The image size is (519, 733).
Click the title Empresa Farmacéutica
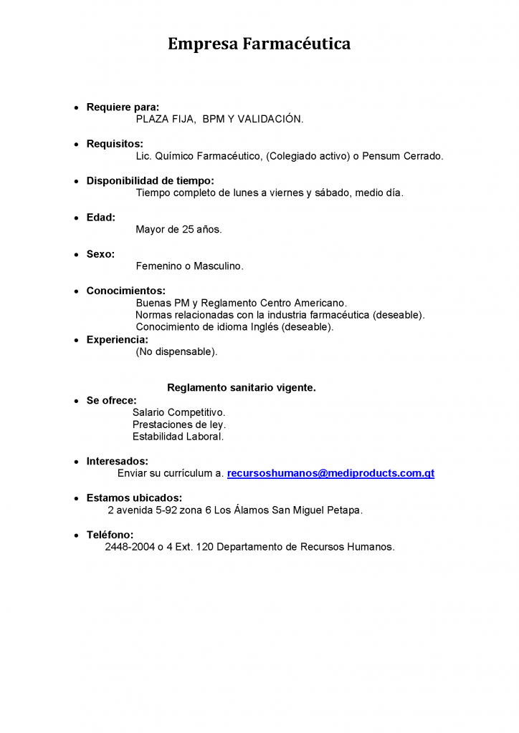[x=259, y=44]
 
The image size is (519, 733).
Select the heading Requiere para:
[x=123, y=107]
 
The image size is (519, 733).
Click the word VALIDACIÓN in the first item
[x=275, y=120]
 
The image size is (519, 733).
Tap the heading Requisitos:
[x=115, y=144]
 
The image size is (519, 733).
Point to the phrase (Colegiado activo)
[x=308, y=156]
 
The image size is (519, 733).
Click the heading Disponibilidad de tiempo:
[x=150, y=181]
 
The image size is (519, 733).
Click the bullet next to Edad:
[x=77, y=218]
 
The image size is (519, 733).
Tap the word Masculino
[x=219, y=266]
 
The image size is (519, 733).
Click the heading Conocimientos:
[x=125, y=291]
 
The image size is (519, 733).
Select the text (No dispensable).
[x=176, y=352]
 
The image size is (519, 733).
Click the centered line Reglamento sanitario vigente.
[x=241, y=387]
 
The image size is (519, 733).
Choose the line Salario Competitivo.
[x=178, y=412]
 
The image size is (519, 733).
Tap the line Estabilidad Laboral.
[x=178, y=437]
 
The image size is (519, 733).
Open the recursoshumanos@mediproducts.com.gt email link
[x=330, y=474]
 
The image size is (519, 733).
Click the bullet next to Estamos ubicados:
[x=77, y=498]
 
